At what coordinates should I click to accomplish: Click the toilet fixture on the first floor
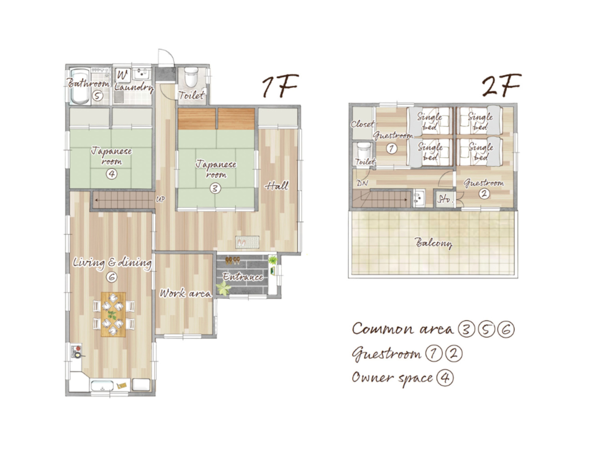[x=191, y=76]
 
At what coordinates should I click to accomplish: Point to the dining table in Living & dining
[x=113, y=314]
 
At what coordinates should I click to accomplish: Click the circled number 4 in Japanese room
[x=112, y=174]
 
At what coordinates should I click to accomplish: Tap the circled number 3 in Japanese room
[x=215, y=188]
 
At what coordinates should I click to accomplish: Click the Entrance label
[x=243, y=277]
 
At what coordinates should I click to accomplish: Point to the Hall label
[x=277, y=185]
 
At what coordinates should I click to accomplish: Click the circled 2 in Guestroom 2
[x=484, y=193]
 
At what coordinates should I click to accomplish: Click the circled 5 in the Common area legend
[x=486, y=329]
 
